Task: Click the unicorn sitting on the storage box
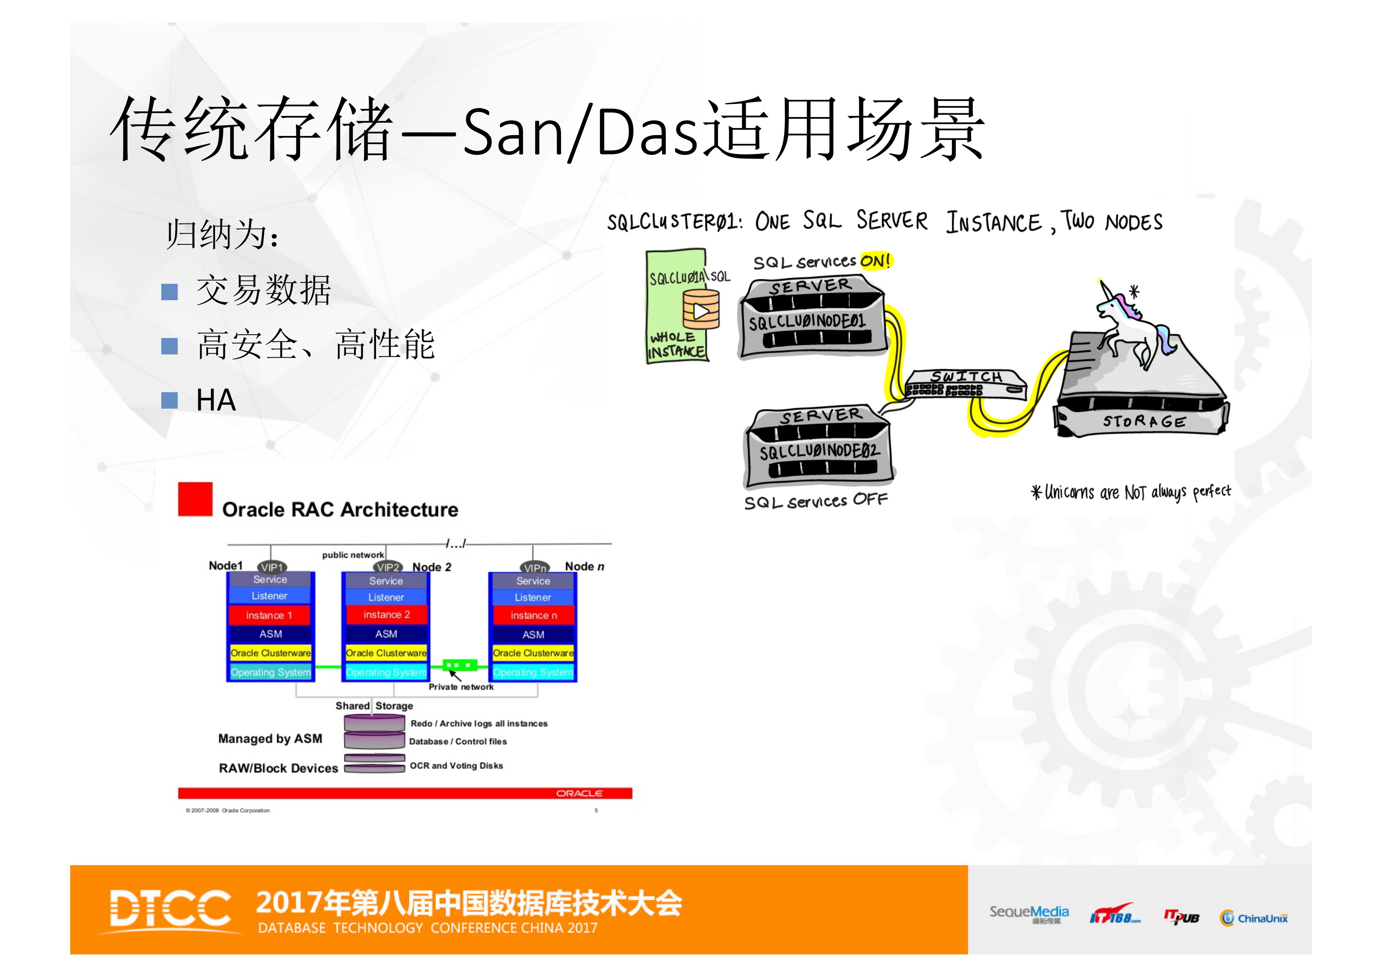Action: tap(1132, 325)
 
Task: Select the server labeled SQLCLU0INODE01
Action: tap(813, 318)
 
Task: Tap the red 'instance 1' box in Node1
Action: tap(269, 615)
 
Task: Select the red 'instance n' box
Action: tap(533, 615)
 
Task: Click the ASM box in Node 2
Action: tap(386, 634)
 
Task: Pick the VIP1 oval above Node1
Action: tap(272, 567)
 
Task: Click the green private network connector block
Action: tap(460, 665)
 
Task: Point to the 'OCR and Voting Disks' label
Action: tap(456, 766)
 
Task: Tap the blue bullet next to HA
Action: tap(170, 400)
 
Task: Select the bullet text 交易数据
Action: tap(264, 290)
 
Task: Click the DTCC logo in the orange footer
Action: tap(170, 908)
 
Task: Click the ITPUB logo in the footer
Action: tap(1181, 917)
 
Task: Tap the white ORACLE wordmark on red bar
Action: tap(578, 793)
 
